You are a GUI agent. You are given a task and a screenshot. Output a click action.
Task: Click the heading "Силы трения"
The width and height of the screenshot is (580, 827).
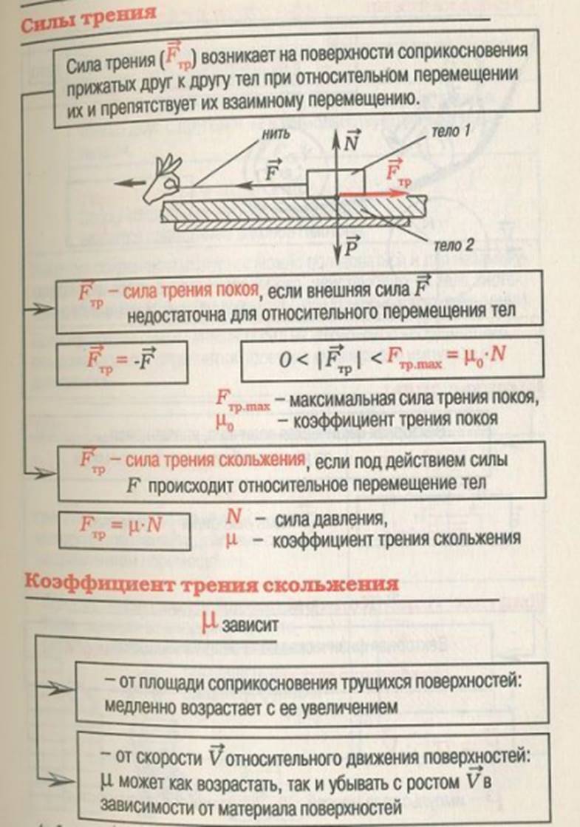tap(89, 18)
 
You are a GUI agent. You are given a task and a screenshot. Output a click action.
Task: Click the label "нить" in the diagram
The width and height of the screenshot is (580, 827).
tap(276, 134)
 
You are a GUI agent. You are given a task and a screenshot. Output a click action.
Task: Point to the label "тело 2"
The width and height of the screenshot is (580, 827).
tap(454, 245)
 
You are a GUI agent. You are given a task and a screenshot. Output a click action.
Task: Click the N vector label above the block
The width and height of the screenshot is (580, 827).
tap(351, 141)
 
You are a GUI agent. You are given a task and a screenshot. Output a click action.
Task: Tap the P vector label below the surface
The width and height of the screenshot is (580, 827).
tap(351, 246)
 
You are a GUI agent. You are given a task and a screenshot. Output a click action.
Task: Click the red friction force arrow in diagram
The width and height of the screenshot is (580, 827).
tap(373, 194)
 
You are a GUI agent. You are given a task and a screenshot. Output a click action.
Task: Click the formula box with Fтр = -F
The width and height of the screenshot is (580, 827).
tap(122, 363)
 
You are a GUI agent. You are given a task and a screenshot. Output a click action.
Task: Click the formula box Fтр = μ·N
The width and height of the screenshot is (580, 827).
tap(124, 530)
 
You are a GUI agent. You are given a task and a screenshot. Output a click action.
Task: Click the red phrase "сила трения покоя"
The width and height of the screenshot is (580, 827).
tap(191, 290)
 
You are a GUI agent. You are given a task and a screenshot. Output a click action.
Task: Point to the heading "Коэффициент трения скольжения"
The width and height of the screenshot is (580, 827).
tap(211, 583)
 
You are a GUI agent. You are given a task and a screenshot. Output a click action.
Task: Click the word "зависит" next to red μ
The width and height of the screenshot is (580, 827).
tap(250, 625)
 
